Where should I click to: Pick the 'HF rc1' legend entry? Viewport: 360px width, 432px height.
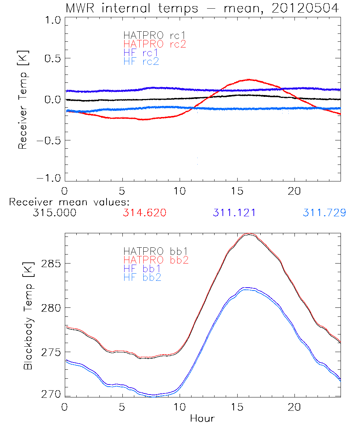[140, 53]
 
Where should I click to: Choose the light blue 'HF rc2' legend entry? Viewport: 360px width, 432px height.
[141, 62]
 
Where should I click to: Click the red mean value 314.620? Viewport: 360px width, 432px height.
[144, 213]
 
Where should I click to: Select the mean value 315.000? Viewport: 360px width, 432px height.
[54, 213]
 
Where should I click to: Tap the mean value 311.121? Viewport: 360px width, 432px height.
[234, 213]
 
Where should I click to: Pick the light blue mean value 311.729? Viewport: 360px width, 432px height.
[324, 213]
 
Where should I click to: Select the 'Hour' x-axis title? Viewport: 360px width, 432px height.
[202, 418]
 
